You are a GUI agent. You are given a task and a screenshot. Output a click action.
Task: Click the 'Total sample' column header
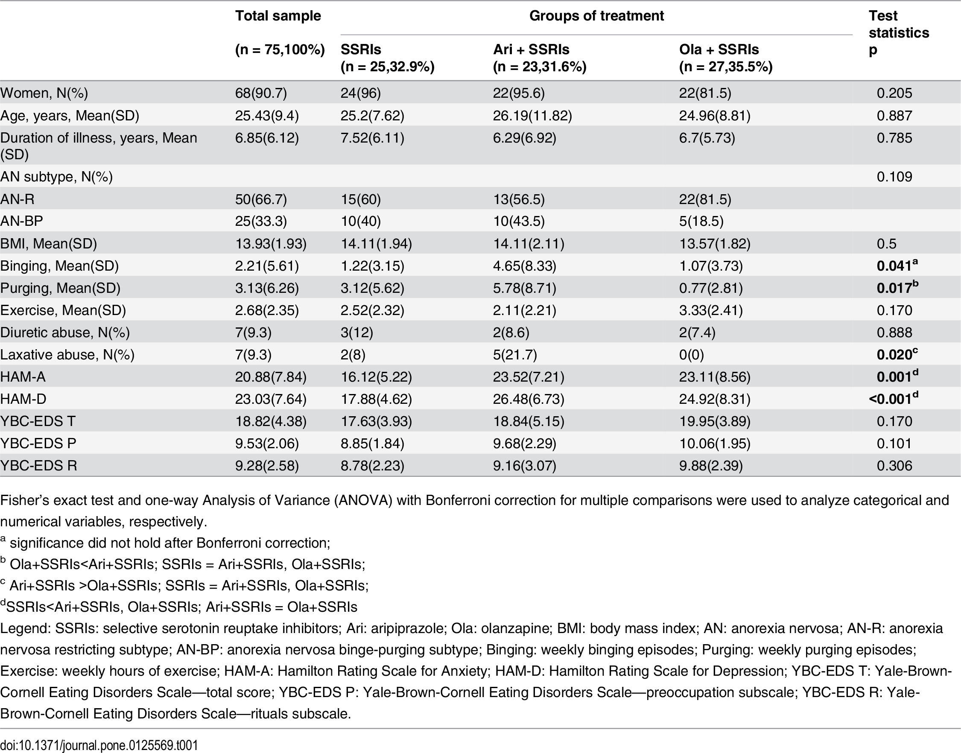[278, 16]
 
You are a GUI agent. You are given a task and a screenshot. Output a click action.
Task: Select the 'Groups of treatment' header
[596, 16]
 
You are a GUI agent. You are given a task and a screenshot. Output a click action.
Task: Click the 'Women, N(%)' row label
[44, 93]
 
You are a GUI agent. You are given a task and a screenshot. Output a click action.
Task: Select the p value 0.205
[894, 93]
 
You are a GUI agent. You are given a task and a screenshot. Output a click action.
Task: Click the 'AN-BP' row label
[22, 221]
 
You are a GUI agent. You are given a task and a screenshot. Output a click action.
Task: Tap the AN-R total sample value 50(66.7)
[261, 199]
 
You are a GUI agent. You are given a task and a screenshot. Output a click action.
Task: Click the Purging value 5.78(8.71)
[525, 288]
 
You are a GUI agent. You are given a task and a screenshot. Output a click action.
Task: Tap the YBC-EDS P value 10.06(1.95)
[715, 444]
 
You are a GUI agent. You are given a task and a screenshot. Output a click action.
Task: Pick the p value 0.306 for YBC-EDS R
[894, 466]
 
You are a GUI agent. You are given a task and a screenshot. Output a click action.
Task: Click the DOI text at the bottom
[99, 745]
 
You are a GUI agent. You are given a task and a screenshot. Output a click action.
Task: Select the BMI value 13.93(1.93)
[271, 243]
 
